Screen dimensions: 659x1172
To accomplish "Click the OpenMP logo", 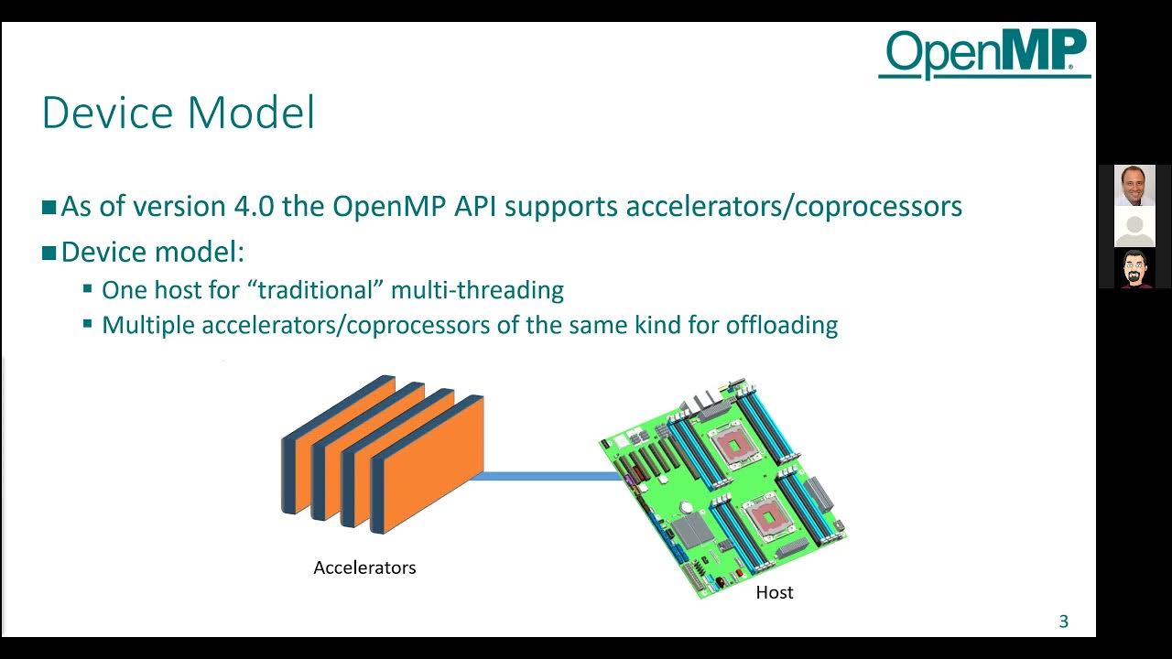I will [x=984, y=52].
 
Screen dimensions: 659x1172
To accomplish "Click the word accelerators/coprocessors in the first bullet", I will [x=794, y=206].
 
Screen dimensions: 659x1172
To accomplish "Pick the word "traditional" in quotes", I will [x=319, y=290].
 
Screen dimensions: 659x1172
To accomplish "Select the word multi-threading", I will [x=477, y=290].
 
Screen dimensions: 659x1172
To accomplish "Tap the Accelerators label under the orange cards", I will [x=364, y=567].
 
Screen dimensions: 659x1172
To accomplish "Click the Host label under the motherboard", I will [x=774, y=592].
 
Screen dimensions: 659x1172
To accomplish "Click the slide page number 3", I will [x=1063, y=621].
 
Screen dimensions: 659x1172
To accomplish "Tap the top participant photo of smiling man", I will [x=1134, y=186].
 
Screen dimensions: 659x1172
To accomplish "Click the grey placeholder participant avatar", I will [x=1134, y=227].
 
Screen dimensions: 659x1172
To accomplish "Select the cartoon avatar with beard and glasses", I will [x=1134, y=268].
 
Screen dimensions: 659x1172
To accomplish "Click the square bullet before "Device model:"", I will [x=49, y=253].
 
